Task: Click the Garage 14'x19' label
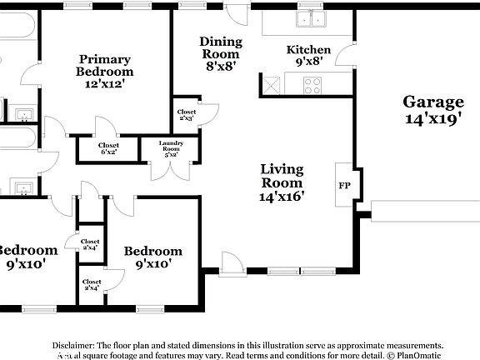tap(433, 109)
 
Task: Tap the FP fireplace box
tap(343, 186)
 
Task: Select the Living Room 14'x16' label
tap(282, 182)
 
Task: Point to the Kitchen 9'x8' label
tap(308, 55)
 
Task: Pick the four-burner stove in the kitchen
tap(313, 84)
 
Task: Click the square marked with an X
tap(272, 84)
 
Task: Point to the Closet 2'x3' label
tap(187, 115)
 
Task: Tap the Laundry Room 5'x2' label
tap(176, 148)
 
